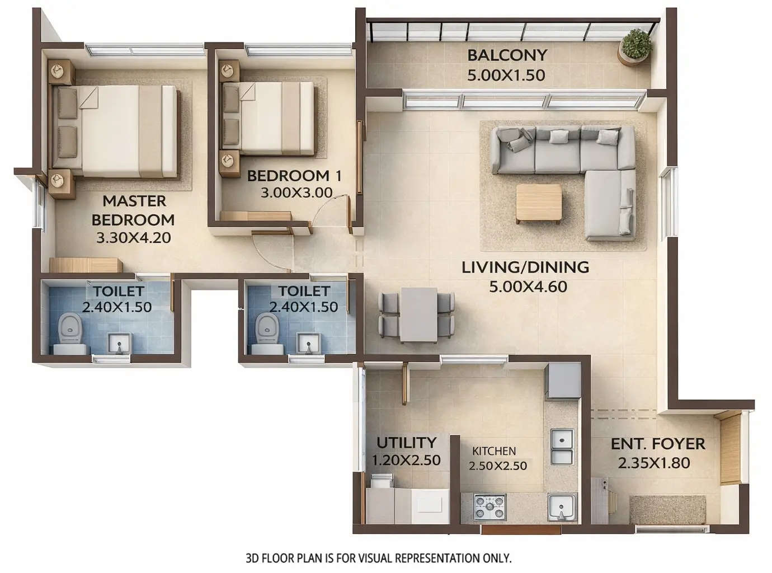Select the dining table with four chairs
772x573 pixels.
click(x=418, y=314)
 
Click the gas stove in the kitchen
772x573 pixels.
click(x=489, y=507)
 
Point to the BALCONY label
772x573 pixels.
click(x=507, y=55)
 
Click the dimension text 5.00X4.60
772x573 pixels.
click(x=528, y=287)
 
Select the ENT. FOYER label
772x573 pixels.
click(x=658, y=444)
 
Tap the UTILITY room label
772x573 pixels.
click(x=406, y=443)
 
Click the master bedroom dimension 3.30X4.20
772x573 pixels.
click(x=133, y=238)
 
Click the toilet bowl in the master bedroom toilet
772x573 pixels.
click(x=70, y=330)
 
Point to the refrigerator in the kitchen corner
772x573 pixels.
click(x=563, y=380)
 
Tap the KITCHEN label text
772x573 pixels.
click(x=494, y=451)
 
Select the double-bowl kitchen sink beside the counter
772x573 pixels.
click(x=562, y=447)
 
